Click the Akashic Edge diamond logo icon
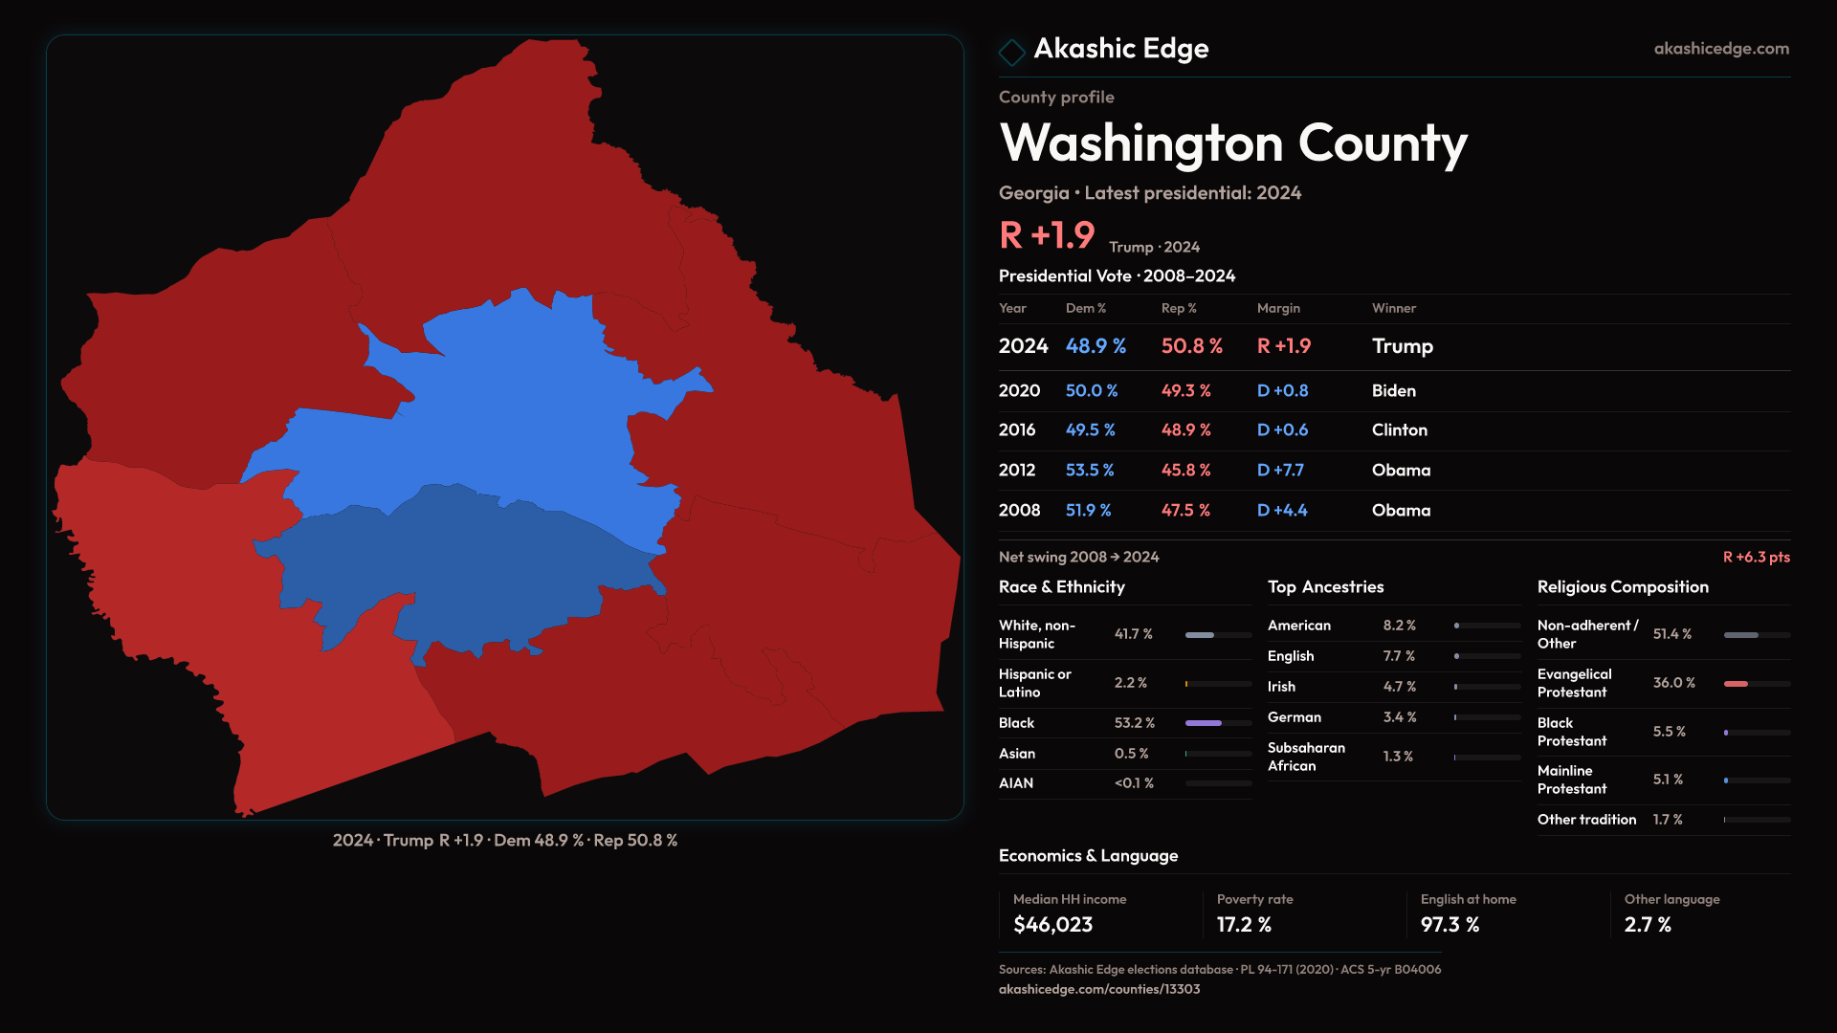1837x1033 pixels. pyautogui.click(x=1011, y=51)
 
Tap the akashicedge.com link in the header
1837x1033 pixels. pyautogui.click(x=1721, y=49)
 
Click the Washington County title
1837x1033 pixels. pyautogui.click(x=1232, y=143)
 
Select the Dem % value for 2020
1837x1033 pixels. pyautogui.click(x=1092, y=391)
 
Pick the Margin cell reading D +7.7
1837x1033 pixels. pyautogui.click(x=1280, y=471)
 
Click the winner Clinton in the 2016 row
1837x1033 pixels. pyautogui.click(x=1399, y=430)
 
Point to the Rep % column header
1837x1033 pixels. pyautogui.click(x=1179, y=308)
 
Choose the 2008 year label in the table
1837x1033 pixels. pyautogui.click(x=1019, y=511)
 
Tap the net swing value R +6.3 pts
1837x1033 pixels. pyautogui.click(x=1756, y=558)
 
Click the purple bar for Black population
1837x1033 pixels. pyautogui.click(x=1204, y=723)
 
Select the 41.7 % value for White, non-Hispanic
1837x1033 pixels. pyautogui.click(x=1133, y=634)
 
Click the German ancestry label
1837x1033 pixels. pyautogui.click(x=1294, y=717)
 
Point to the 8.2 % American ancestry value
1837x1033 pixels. pyautogui.click(x=1399, y=626)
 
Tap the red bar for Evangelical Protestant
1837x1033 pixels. pyautogui.click(x=1736, y=684)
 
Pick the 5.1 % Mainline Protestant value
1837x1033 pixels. pyautogui.click(x=1667, y=780)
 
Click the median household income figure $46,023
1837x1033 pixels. pyautogui.click(x=1052, y=925)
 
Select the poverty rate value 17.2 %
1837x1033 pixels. pyautogui.click(x=1244, y=925)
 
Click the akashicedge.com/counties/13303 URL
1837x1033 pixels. pyautogui.click(x=1098, y=989)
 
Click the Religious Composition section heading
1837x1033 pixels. pyautogui.click(x=1623, y=587)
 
